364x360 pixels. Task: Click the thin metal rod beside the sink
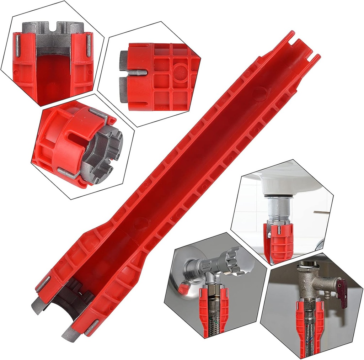pos(321,212)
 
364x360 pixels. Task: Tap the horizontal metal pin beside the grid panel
pos(137,72)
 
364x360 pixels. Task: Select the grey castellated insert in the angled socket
pos(105,153)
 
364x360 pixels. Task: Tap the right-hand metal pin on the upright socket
pos(88,44)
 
